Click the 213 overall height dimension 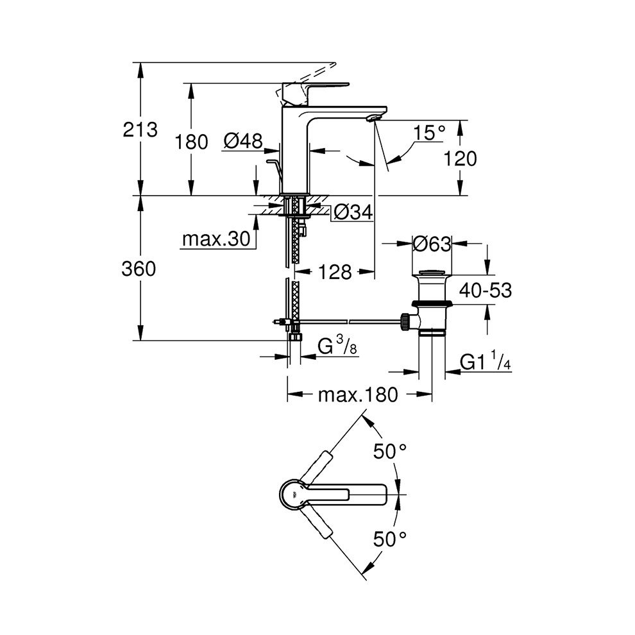point(140,130)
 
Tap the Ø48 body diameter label point(244,140)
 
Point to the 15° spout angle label point(428,133)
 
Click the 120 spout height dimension point(461,158)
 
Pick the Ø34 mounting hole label point(353,212)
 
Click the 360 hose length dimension point(139,269)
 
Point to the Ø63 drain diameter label point(432,244)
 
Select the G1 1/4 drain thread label point(485,363)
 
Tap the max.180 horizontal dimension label point(358,394)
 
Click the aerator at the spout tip point(374,117)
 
